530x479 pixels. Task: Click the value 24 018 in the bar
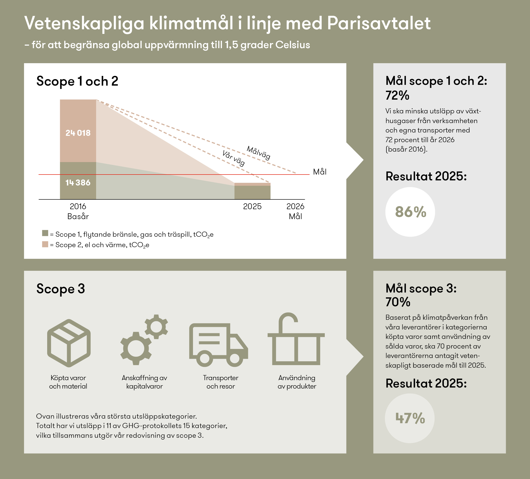pos(78,133)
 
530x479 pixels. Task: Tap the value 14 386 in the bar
pos(78,183)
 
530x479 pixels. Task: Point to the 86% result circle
pos(410,212)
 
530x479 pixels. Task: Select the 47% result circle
pos(410,418)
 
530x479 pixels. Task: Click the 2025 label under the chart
pos(252,207)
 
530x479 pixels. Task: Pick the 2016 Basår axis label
pos(78,211)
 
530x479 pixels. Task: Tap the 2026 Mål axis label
pos(295,211)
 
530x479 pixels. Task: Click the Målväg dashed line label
pos(258,153)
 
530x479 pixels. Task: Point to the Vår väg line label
pos(234,158)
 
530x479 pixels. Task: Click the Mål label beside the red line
pos(320,172)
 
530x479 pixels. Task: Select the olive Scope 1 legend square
pos(45,233)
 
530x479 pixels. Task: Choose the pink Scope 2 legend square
pos(45,244)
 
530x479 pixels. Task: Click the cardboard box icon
pos(69,343)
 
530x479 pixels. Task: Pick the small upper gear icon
pos(157,327)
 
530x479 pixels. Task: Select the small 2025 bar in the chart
pos(252,191)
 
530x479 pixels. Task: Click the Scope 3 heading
pos(61,288)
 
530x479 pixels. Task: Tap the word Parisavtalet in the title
pos(379,23)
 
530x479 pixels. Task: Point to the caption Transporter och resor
pos(221,382)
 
